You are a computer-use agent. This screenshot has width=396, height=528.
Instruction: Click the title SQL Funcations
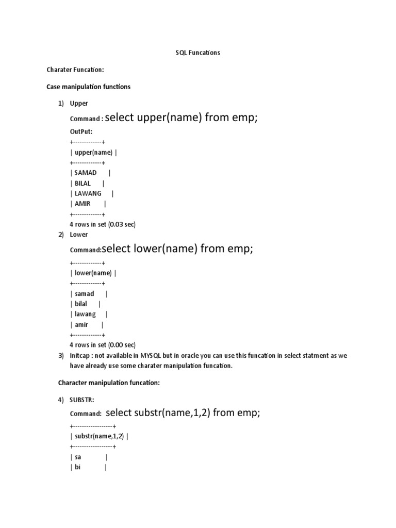point(198,53)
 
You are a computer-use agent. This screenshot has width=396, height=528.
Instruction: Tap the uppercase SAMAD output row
point(86,173)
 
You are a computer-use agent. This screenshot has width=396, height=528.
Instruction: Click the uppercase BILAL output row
point(82,183)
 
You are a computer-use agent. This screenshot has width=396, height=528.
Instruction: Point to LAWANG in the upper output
point(88,193)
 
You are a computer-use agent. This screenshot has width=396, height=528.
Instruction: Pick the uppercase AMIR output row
point(82,204)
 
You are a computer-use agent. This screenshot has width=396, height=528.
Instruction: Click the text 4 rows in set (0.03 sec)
point(102,224)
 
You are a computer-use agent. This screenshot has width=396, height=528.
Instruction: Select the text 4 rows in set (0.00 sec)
point(102,344)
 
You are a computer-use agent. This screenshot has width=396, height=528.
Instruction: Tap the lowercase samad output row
point(85,293)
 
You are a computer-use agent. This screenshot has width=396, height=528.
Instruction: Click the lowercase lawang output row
point(85,314)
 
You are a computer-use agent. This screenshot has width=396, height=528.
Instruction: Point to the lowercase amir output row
point(81,324)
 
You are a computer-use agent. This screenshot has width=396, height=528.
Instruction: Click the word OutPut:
point(81,131)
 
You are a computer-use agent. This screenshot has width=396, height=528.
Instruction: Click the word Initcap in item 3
point(80,356)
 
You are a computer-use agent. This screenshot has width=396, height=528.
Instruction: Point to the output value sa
point(78,457)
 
